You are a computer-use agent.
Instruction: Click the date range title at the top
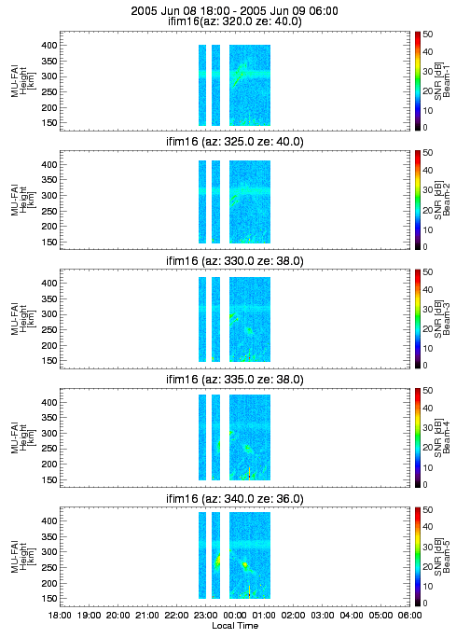pos(234,11)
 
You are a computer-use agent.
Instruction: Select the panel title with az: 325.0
pos(235,142)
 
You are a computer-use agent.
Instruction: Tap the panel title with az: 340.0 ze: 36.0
pos(235,499)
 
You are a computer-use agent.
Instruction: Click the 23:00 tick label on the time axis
pos(206,615)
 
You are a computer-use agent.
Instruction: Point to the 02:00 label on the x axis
pos(294,615)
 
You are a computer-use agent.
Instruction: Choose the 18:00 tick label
pos(60,615)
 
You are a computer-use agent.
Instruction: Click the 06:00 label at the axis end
pos(410,615)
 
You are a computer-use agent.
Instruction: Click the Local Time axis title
pos(235,625)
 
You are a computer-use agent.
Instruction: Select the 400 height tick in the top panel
pos(49,45)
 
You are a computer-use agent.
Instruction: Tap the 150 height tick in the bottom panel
pos(49,599)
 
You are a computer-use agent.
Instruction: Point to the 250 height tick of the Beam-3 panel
pos(49,330)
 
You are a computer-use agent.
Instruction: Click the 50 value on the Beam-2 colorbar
pos(428,153)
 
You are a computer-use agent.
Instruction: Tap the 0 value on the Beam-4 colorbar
pos(425,485)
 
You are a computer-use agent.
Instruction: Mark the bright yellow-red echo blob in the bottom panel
pos(244,564)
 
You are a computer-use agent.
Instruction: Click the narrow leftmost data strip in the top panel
pos(202,86)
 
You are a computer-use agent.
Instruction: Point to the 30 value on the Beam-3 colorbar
pos(428,310)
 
